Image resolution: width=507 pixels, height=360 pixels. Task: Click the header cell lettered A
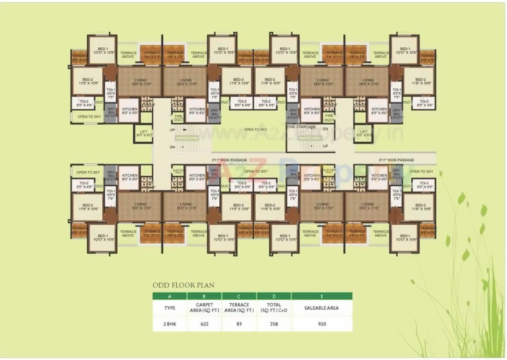click(x=169, y=296)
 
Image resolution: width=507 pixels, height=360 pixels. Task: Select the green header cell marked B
click(x=205, y=296)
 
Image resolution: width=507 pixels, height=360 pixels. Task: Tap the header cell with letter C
click(x=239, y=296)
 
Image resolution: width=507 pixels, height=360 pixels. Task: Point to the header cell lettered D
click(x=274, y=296)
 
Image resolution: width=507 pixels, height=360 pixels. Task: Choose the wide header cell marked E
click(x=322, y=296)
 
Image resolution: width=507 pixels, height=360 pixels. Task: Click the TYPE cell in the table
click(x=169, y=308)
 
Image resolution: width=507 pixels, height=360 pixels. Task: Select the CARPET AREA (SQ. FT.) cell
click(x=205, y=308)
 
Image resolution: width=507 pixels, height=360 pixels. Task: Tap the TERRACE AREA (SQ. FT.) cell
click(x=239, y=308)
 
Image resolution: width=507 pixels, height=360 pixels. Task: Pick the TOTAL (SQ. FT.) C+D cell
click(x=274, y=308)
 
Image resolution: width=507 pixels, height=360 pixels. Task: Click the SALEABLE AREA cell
click(x=322, y=308)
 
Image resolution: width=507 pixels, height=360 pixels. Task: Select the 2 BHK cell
click(x=169, y=324)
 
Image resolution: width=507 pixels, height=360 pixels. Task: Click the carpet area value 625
click(x=205, y=324)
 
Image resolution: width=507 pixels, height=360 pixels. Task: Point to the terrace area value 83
click(x=239, y=324)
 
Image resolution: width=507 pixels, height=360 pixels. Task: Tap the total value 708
click(x=274, y=324)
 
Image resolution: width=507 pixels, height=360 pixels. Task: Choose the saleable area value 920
click(x=322, y=324)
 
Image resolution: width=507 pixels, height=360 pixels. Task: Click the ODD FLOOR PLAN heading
click(x=183, y=285)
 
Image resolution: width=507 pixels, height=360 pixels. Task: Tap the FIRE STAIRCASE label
click(x=301, y=127)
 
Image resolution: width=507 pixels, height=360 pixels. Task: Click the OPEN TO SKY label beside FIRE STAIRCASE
click(x=256, y=130)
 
